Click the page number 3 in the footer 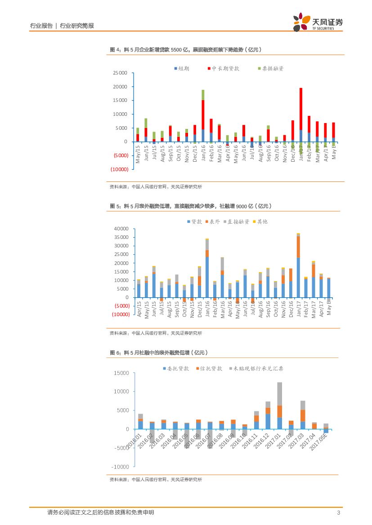338,513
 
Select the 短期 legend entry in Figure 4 182,68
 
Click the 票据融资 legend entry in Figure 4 270,68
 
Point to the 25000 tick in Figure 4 120,73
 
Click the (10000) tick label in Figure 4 120,169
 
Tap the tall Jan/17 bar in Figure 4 300,115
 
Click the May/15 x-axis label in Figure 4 138,153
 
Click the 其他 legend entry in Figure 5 260,221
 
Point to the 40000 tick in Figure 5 121,229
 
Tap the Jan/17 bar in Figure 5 298,265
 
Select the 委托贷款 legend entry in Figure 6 175,368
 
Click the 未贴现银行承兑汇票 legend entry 255,368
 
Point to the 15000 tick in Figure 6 121,373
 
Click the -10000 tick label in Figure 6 121,467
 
